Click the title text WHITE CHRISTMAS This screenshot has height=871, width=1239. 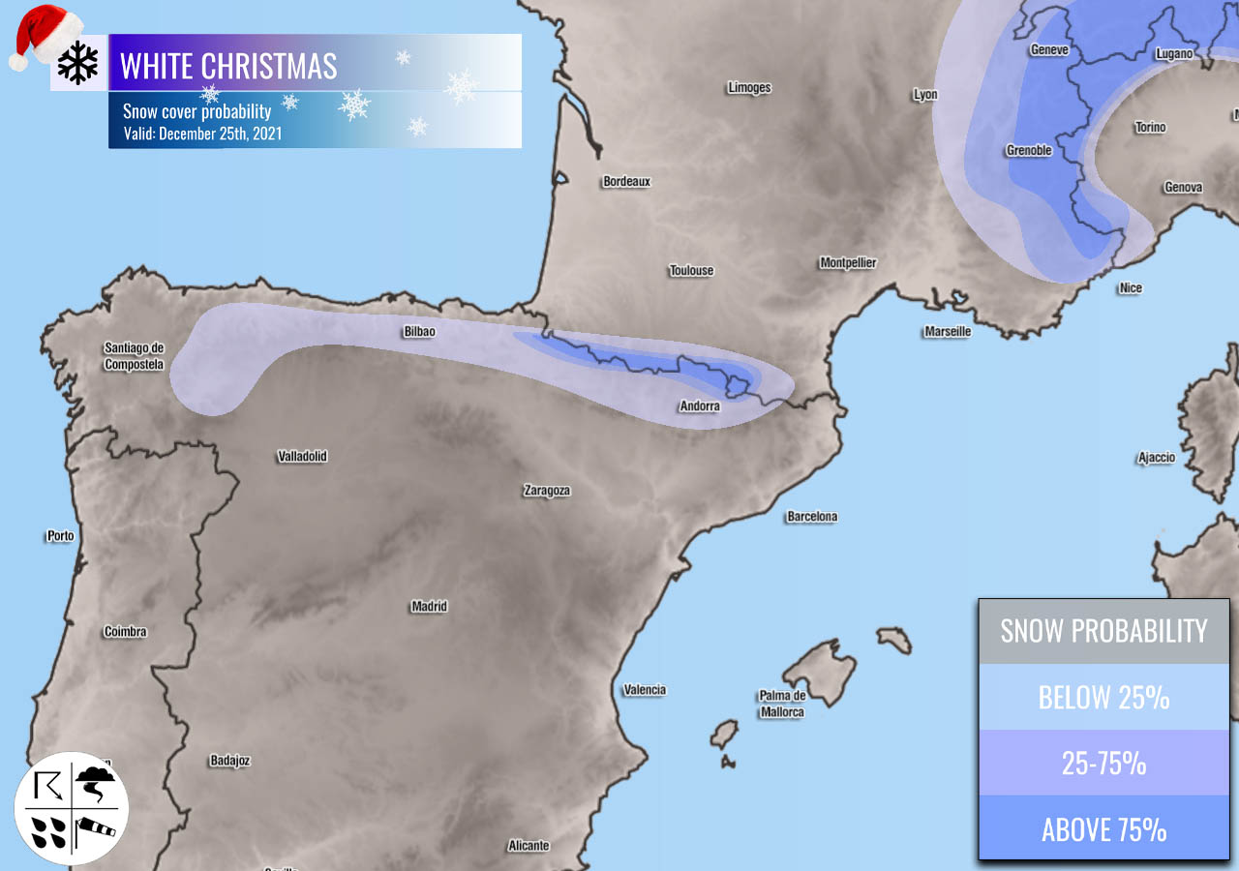click(228, 66)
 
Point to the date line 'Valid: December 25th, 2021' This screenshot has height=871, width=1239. click(202, 134)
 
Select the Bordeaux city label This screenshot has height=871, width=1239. click(626, 181)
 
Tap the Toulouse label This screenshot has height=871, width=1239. click(691, 270)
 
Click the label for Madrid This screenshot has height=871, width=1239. click(429, 607)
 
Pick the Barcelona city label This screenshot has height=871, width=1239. click(811, 517)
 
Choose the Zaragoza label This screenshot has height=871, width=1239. click(547, 491)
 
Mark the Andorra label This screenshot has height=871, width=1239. click(700, 406)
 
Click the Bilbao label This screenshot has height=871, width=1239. click(419, 332)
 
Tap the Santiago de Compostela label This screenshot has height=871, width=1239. click(135, 356)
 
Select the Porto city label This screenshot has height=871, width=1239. click(60, 535)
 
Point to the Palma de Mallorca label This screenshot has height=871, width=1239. click(781, 704)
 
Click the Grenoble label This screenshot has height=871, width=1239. click(1028, 151)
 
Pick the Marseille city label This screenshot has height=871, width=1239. click(947, 331)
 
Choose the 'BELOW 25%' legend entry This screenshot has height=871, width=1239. click(1103, 697)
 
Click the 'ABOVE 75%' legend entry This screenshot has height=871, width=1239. click(1103, 829)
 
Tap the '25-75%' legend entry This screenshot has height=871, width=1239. click(1103, 763)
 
